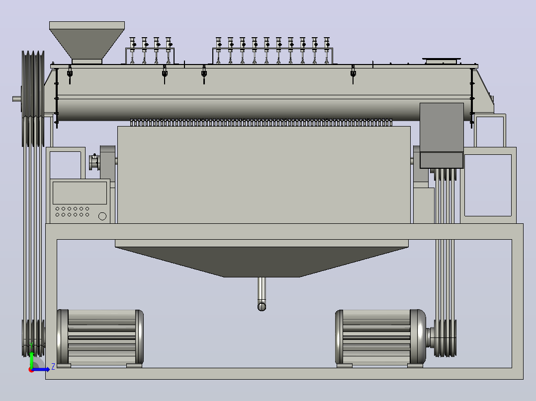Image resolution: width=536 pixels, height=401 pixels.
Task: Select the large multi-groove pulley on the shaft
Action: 33,99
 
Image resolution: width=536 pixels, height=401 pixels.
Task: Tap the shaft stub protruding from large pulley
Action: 17,99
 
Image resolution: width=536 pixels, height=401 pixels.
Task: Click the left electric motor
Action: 100,338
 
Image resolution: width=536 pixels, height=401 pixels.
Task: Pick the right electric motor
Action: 380,338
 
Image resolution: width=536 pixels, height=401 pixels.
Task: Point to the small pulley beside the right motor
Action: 445,338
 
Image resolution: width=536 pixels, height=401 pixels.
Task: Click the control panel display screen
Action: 80,193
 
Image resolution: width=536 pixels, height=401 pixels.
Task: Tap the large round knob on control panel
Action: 102,216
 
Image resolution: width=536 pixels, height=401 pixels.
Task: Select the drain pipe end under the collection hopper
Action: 262,307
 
